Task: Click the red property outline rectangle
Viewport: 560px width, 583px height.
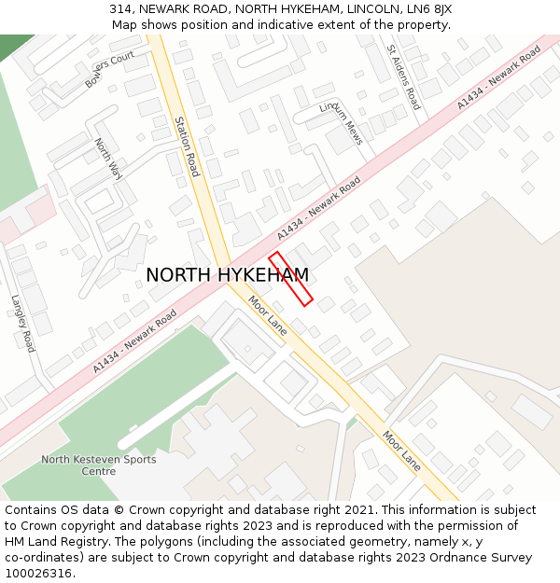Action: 290,278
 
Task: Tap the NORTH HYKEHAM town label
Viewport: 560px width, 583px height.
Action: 227,275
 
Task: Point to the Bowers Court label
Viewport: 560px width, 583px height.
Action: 110,70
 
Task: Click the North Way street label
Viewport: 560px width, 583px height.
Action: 108,159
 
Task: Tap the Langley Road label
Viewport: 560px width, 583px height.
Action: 22,324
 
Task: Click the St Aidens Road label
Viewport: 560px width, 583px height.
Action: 404,77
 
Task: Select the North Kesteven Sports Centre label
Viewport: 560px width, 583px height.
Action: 98,465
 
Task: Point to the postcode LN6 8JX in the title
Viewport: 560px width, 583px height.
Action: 430,9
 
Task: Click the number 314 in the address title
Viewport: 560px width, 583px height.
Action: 120,9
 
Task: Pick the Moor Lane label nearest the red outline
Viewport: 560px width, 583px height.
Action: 267,316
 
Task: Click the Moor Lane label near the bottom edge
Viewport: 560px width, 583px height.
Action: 401,450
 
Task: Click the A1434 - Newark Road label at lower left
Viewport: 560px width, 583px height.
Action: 134,343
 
